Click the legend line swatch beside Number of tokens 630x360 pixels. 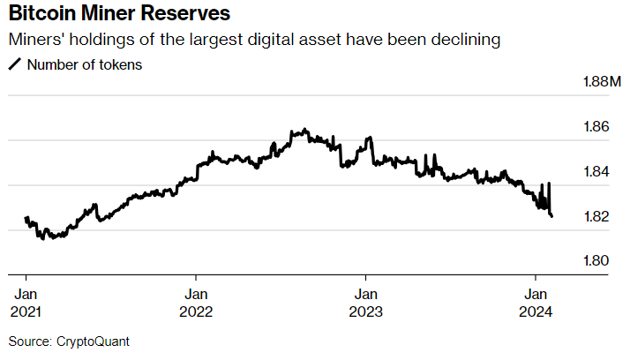[15, 65]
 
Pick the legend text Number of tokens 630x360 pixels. [84, 65]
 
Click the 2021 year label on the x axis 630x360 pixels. [26, 311]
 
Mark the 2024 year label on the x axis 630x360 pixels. [536, 311]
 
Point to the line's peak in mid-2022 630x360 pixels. [304, 130]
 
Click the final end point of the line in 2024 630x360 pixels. [552, 216]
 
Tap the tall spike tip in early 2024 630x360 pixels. [549, 184]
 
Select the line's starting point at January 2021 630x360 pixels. [26, 217]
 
